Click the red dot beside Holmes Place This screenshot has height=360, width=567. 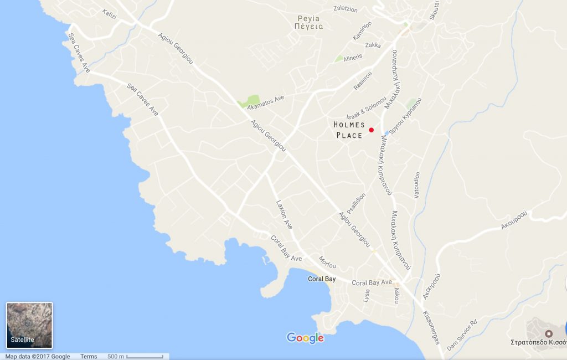click(x=372, y=130)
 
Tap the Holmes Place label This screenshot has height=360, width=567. click(x=349, y=130)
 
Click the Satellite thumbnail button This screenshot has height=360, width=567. click(x=29, y=325)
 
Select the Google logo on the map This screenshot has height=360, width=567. click(x=305, y=337)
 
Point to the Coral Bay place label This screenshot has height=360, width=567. click(x=322, y=279)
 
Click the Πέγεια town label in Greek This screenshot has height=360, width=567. click(x=308, y=26)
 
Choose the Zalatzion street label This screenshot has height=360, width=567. click(x=346, y=9)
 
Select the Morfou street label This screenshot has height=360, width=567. click(x=327, y=262)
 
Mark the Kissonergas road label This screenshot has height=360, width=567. click(x=431, y=327)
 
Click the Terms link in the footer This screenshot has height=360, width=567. click(x=89, y=356)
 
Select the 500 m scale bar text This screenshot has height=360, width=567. click(x=115, y=356)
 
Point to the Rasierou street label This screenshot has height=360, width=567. click(x=363, y=81)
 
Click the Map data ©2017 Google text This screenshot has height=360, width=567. click(x=38, y=356)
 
